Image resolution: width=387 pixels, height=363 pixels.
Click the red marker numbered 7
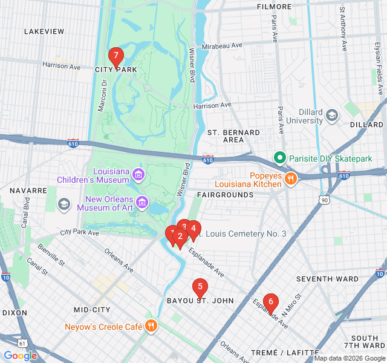click(115, 56)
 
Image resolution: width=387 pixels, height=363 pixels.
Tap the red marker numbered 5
click(200, 287)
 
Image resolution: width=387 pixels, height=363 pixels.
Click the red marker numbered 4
click(193, 229)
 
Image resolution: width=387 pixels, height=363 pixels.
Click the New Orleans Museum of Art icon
click(142, 201)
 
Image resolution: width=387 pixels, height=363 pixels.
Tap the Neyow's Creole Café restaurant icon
click(151, 327)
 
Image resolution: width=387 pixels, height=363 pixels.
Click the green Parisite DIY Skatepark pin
click(279, 159)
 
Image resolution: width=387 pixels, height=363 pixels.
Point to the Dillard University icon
click(332, 115)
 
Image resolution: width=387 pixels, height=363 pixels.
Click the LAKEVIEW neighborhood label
click(44, 31)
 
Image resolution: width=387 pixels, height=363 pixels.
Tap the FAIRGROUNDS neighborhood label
click(226, 195)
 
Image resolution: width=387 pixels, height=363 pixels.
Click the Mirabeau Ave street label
click(222, 45)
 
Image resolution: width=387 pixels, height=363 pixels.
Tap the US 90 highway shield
click(325, 200)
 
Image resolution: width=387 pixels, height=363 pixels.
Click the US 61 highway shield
click(23, 343)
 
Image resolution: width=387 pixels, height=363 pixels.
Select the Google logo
click(20, 356)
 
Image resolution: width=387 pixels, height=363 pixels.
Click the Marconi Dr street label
click(102, 97)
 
